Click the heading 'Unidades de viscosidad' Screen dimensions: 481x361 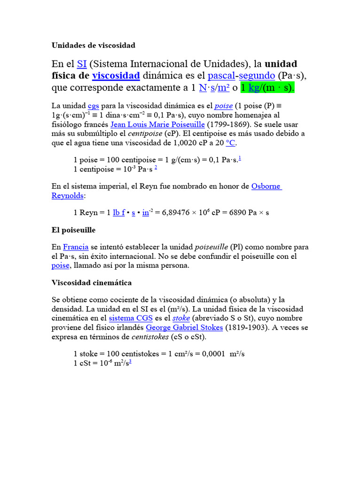click(x=93, y=46)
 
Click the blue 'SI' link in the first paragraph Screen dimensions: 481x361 click(x=82, y=64)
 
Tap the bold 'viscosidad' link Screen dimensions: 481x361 click(x=116, y=76)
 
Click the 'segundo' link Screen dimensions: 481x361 click(x=258, y=76)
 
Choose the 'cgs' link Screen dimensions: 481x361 click(x=94, y=106)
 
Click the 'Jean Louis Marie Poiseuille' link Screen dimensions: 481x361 click(x=157, y=124)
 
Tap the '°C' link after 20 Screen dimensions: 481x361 click(x=231, y=143)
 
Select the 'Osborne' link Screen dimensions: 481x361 click(x=267, y=186)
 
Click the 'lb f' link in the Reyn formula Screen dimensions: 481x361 click(x=119, y=213)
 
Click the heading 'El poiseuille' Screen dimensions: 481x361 click(x=73, y=230)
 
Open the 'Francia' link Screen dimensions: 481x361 click(x=76, y=247)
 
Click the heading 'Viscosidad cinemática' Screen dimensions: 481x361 click(x=91, y=283)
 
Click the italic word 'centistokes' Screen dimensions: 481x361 click(x=151, y=337)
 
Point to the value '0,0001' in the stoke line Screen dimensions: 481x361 click(x=214, y=354)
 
